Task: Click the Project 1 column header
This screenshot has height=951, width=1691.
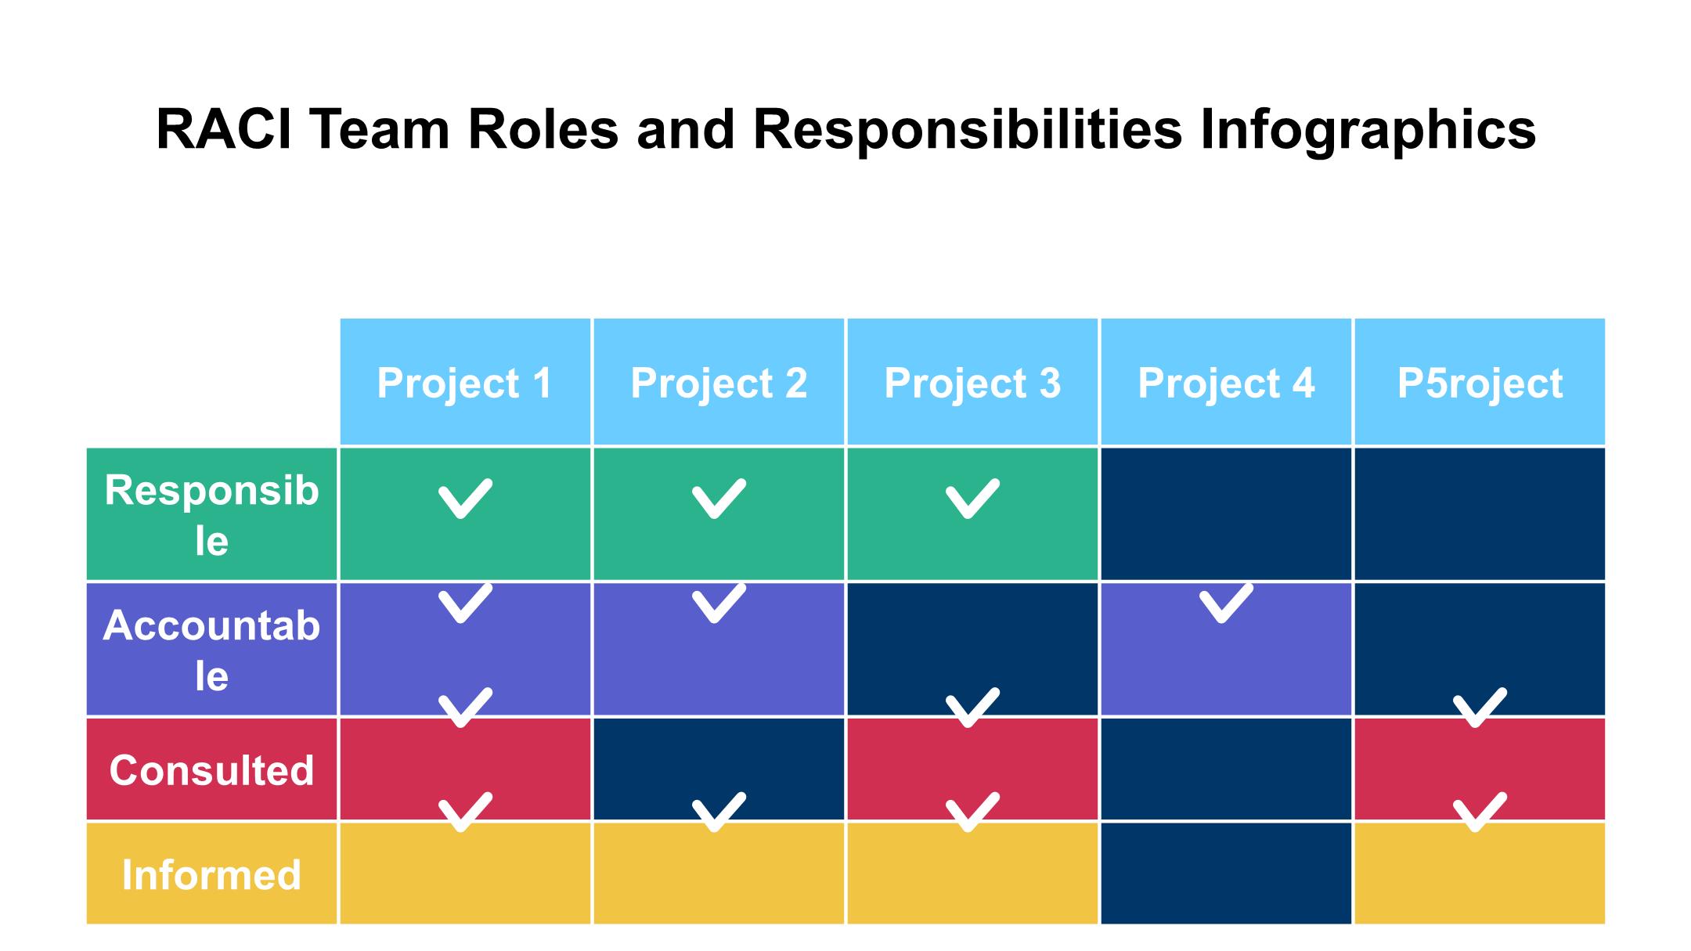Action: (465, 382)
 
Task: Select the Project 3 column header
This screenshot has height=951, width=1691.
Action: (972, 382)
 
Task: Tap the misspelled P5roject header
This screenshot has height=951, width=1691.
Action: (1480, 382)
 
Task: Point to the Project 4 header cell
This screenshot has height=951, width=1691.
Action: (1226, 382)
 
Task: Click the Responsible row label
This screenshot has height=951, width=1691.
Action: (211, 514)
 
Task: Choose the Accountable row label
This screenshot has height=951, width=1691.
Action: (211, 650)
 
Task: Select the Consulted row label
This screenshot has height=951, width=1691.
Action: (211, 769)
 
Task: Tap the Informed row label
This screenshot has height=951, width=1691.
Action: (211, 874)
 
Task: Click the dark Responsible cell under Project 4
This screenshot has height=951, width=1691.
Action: (1226, 514)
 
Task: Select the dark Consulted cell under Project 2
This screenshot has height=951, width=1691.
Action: (719, 769)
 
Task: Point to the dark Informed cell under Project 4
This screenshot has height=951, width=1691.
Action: (1226, 874)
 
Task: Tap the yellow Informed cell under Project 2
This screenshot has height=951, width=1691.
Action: (719, 874)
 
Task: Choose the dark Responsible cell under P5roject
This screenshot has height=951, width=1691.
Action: (1480, 514)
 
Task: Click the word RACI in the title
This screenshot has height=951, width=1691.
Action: (224, 129)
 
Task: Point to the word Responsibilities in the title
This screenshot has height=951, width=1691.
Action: (967, 130)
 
